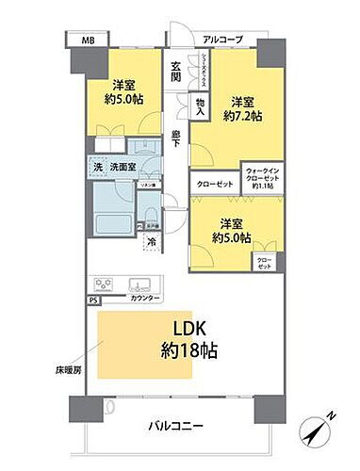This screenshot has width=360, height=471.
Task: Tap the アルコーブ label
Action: point(222,39)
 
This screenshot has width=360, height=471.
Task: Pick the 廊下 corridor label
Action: point(175,141)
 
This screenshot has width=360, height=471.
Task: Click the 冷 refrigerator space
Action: point(152,242)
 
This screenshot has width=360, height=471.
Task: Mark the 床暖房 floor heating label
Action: point(69,370)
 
